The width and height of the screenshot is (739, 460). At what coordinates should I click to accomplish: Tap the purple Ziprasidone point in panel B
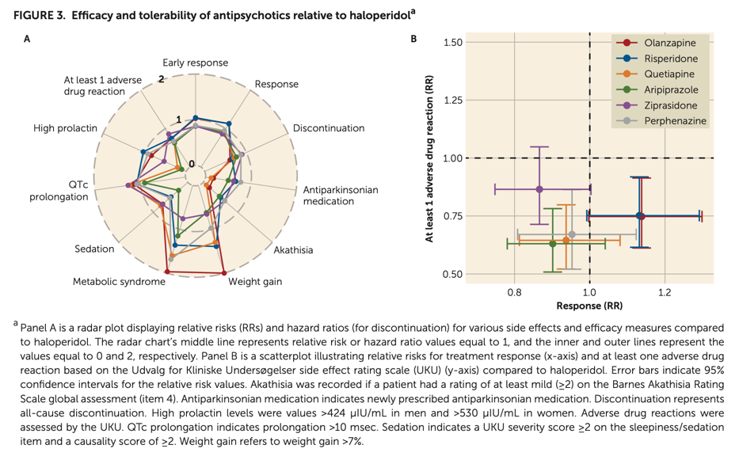click(x=539, y=189)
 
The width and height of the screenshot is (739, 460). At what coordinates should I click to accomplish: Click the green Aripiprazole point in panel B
click(x=553, y=244)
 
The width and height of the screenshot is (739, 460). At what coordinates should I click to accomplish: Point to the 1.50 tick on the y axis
click(x=452, y=42)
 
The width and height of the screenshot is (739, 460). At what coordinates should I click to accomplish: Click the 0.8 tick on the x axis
click(x=514, y=292)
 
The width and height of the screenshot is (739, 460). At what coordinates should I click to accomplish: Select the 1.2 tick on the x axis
click(x=664, y=292)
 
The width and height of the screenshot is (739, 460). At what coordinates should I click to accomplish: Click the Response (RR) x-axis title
click(x=589, y=306)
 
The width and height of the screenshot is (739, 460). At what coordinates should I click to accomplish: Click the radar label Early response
click(x=195, y=63)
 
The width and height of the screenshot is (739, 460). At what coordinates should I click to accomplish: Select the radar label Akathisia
click(x=293, y=250)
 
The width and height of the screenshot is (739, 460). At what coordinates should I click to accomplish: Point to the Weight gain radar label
click(x=255, y=281)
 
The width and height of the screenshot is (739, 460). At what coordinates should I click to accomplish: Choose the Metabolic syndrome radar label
click(x=119, y=281)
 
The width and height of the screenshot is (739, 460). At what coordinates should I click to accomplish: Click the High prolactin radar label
click(x=65, y=128)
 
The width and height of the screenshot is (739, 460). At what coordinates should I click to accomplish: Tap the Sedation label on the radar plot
click(x=94, y=249)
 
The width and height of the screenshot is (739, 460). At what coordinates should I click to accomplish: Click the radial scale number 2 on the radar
click(x=161, y=78)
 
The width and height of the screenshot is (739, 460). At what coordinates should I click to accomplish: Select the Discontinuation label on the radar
click(x=329, y=128)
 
